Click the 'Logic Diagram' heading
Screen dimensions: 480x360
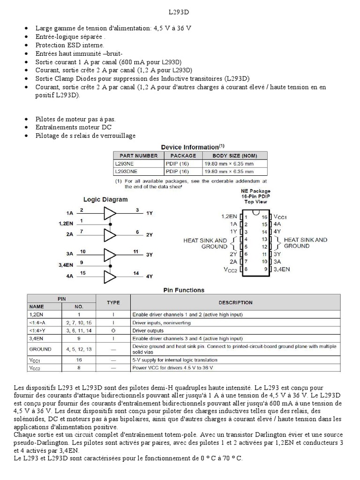105,199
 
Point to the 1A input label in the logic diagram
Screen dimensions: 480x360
70,212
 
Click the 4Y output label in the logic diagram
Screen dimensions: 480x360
150,277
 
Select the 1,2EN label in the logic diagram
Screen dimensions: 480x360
66,223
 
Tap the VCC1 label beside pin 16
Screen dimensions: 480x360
280,217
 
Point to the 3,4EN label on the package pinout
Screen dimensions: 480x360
282,269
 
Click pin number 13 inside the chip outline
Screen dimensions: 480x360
264,239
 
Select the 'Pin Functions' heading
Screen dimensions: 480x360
184,290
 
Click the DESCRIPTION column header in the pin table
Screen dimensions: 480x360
235,302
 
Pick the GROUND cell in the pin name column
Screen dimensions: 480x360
40,349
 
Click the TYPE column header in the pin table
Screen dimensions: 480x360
113,302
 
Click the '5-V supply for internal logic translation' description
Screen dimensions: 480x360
175,360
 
